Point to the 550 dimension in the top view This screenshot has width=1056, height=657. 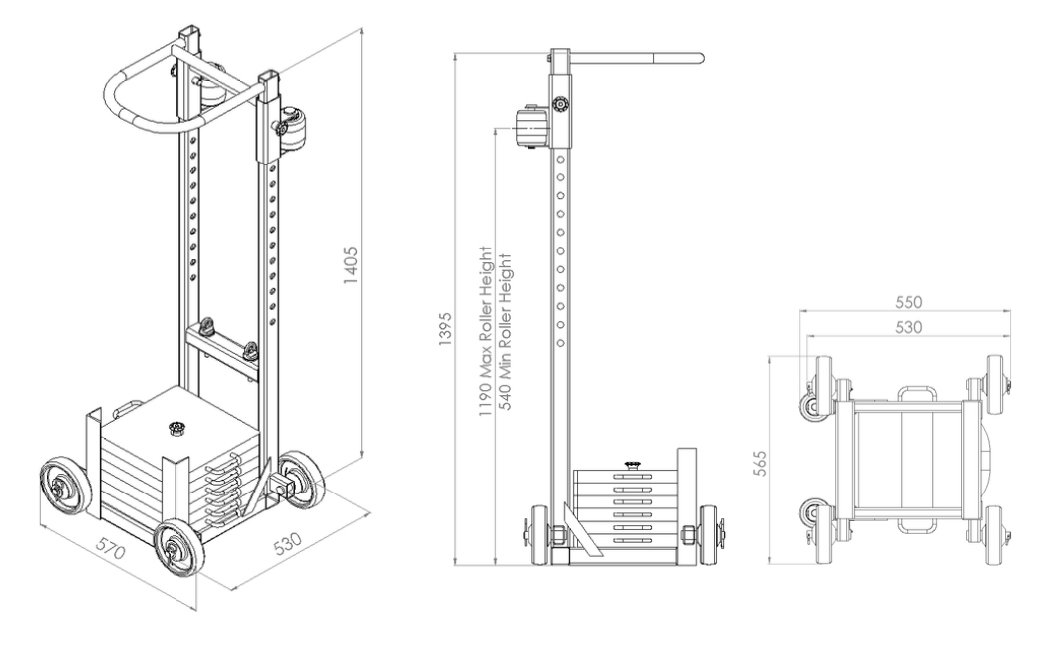coord(907,301)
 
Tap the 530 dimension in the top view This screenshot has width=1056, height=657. coord(907,326)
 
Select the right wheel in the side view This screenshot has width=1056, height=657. coord(709,537)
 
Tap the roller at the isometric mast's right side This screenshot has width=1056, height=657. coord(293,130)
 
